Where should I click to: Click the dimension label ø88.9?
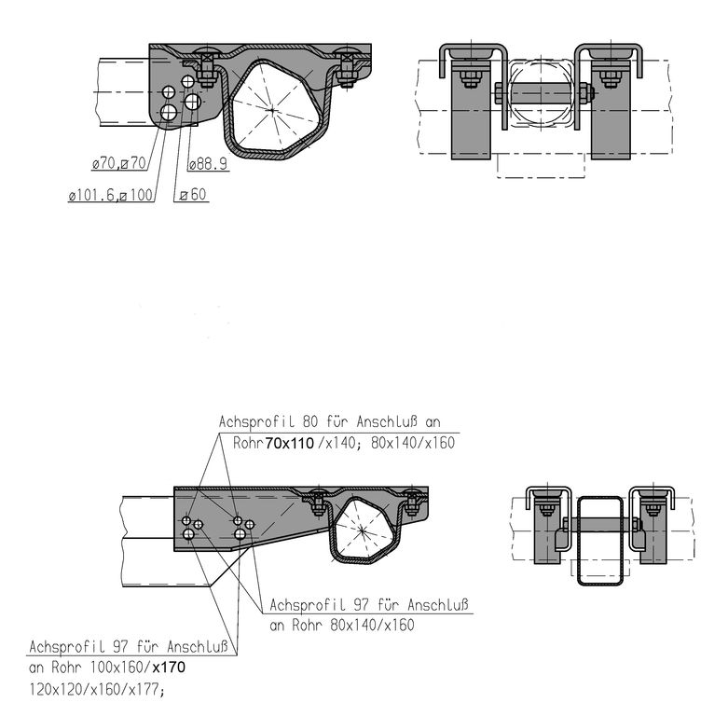209,163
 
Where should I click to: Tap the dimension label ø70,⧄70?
119,163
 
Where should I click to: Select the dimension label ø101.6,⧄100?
111,195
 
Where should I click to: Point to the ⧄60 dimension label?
193,195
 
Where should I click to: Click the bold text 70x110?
289,444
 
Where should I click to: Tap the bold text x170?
169,668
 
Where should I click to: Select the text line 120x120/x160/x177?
97,690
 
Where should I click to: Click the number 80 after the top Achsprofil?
310,421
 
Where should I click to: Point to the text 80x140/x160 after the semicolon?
413,443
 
